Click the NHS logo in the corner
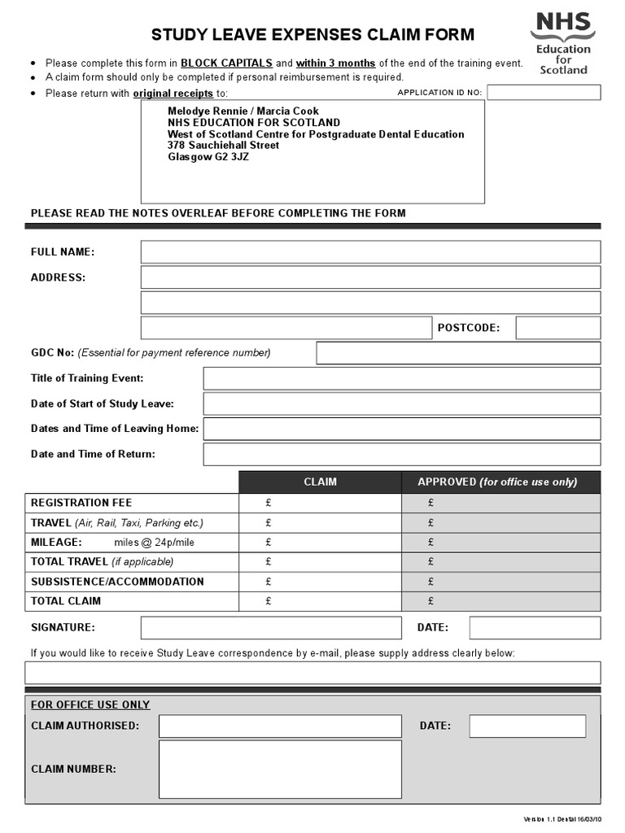point(562,42)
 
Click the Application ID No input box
point(544,93)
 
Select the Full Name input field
point(370,252)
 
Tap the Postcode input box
point(557,328)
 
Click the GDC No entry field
point(458,353)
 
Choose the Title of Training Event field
point(401,378)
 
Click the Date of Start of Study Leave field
point(401,403)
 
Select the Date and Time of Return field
point(401,454)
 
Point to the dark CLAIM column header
point(320,482)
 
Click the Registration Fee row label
point(81,503)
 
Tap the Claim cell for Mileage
point(320,542)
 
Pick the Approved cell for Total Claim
point(500,601)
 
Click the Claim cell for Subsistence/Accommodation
point(320,582)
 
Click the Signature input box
point(271,628)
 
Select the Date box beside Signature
point(535,628)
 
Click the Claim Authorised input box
point(280,726)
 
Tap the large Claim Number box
point(280,769)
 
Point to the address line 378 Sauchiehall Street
point(223,145)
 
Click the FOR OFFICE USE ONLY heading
point(90,704)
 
